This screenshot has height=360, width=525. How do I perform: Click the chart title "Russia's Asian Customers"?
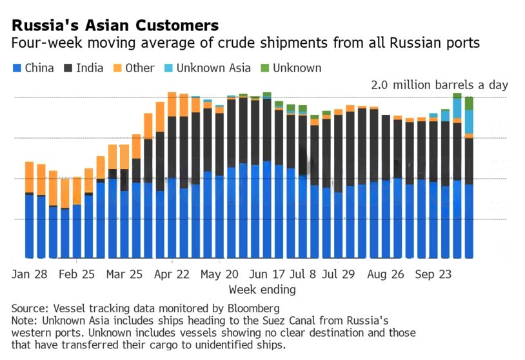click(115, 26)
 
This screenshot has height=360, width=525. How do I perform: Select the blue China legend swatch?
click(17, 68)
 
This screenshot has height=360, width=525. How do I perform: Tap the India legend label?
click(90, 68)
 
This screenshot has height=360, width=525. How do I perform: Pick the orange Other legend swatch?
click(117, 68)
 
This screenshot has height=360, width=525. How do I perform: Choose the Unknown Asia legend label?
click(217, 68)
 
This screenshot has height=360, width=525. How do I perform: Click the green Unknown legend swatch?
click(264, 68)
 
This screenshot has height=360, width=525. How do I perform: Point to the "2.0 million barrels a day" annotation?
click(439, 85)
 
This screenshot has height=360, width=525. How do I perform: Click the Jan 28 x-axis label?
click(29, 274)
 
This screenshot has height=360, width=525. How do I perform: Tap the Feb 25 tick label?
click(76, 274)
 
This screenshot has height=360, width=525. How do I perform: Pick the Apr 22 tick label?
click(172, 274)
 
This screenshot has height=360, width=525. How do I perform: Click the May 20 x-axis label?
click(219, 274)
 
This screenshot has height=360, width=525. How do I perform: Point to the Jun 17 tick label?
click(266, 274)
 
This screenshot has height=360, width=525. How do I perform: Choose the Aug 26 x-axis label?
click(386, 274)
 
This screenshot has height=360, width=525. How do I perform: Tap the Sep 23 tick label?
click(433, 274)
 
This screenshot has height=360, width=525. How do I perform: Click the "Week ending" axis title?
click(262, 290)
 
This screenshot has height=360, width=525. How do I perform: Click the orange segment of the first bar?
click(29, 177)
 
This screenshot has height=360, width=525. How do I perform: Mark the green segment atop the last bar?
click(469, 103)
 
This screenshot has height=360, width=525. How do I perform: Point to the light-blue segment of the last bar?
click(469, 121)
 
